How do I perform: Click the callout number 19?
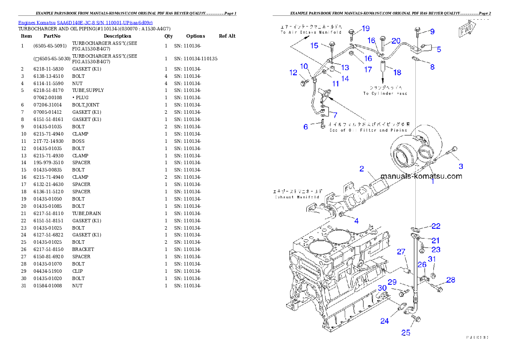click(365, 29)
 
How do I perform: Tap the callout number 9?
click(432, 31)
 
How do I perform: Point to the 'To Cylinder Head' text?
click(385, 93)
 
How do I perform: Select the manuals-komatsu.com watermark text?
click(421, 176)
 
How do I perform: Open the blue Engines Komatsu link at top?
click(85, 22)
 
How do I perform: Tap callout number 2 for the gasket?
click(361, 168)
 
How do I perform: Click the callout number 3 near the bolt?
click(461, 166)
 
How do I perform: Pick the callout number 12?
click(293, 73)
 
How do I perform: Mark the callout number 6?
click(305, 127)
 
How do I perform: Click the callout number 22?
click(435, 226)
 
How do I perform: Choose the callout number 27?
click(401, 252)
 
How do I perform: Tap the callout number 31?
click(432, 259)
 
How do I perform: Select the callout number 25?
click(405, 332)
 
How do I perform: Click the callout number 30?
click(382, 288)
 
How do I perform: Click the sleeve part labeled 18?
click(383, 68)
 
